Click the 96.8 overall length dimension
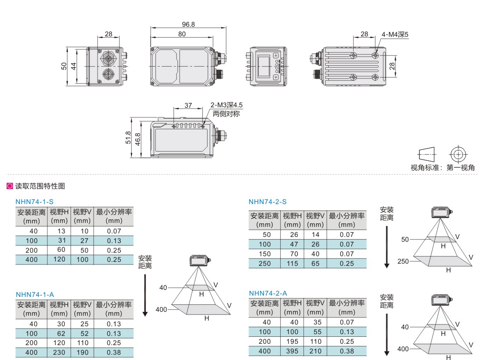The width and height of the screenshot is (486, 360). [x=188, y=24]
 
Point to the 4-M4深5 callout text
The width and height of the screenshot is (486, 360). [x=394, y=35]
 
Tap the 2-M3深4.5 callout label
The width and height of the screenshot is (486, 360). [x=226, y=105]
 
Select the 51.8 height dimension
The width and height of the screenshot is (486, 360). [x=128, y=138]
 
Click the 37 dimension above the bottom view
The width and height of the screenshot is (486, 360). [x=188, y=106]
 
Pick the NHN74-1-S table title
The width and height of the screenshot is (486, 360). [x=35, y=201]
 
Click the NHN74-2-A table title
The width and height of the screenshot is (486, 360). [x=268, y=293]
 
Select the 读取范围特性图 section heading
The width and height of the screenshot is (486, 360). [x=40, y=186]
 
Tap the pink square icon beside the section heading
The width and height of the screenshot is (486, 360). [x=10, y=186]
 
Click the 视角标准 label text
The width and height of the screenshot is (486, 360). [x=425, y=168]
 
